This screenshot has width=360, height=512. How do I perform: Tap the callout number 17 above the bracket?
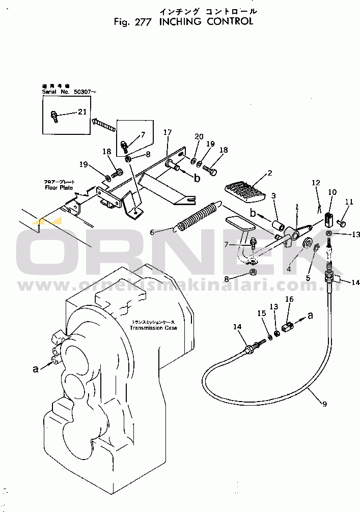pos(168,132)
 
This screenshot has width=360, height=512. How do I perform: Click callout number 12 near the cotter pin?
pos(316,183)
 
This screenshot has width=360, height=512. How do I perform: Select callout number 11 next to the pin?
pos(349,202)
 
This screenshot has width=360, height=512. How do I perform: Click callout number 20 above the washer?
pos(199,137)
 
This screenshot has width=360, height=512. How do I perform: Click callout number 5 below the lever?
pos(308,278)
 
